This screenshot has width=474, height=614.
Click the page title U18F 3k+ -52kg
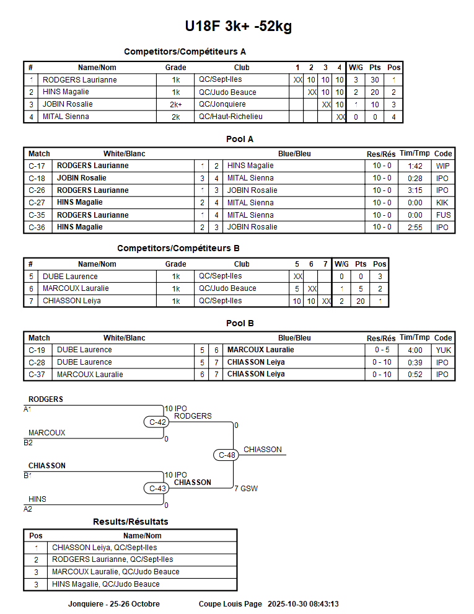pos(238,27)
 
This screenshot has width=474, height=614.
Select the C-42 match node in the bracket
pos(157,422)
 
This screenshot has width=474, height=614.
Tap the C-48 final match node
pos(227,455)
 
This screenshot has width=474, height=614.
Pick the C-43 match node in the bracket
pos(157,488)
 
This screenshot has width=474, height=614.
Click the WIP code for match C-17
pos(442,166)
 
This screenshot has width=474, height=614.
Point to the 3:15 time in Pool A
pos(415,190)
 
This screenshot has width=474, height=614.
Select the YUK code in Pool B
pos(443,350)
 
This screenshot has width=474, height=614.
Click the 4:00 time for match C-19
pos(415,350)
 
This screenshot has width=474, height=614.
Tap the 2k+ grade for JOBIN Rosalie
pos(175,105)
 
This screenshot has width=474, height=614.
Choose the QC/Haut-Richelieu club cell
pos(230,117)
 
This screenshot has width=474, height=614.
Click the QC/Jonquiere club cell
pos(222,105)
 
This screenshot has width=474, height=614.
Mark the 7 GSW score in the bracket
pos(246,489)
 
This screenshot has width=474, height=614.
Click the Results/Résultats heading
pos(130,522)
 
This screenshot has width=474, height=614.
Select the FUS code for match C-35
pos(443,215)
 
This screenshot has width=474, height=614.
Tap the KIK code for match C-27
pos(442,203)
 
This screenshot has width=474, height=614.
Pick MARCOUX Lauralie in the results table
pos(115,572)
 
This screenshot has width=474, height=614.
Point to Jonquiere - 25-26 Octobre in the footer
pos(113,604)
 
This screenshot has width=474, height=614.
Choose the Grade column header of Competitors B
pos(175,264)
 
